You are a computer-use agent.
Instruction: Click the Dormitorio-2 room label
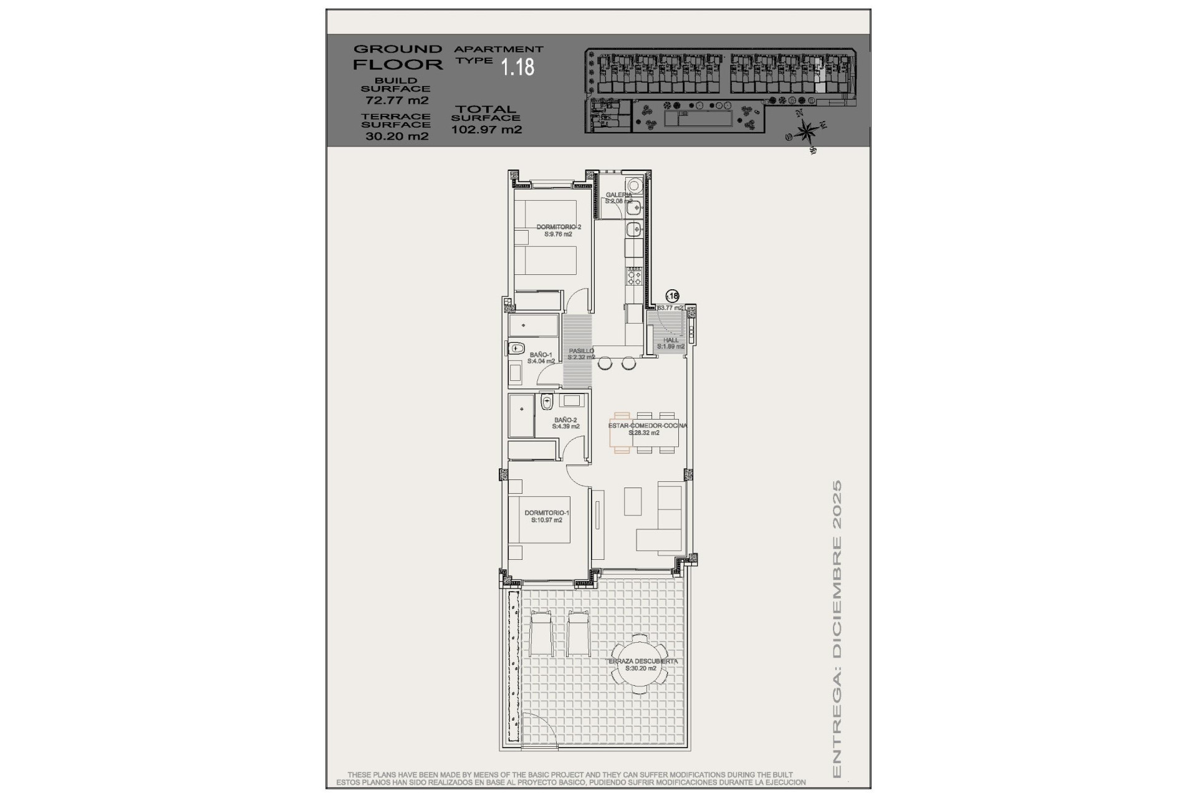tap(559, 227)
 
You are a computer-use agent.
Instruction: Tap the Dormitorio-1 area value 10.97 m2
tap(547, 520)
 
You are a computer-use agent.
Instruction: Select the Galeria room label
tap(618, 195)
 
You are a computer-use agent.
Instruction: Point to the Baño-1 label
tap(540, 354)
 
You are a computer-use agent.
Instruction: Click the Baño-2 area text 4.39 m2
tap(565, 427)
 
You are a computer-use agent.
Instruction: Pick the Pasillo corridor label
tap(581, 351)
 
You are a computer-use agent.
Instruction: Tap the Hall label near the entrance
tap(671, 340)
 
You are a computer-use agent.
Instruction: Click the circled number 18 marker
tap(672, 296)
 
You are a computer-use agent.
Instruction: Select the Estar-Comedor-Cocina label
tap(648, 425)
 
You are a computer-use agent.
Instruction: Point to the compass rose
tap(807, 131)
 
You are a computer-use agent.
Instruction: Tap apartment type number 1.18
tap(518, 67)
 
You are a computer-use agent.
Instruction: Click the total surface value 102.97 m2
tap(486, 130)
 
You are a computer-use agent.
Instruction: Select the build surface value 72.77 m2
tap(397, 100)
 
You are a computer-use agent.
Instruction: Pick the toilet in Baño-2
tap(547, 401)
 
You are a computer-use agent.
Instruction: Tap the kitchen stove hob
tap(634, 276)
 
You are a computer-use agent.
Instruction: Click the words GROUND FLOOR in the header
tap(398, 57)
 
